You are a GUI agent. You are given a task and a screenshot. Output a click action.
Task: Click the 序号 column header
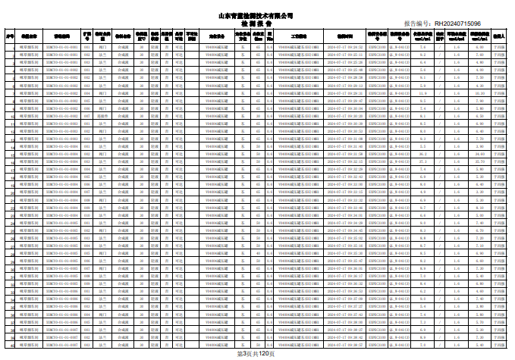pos(10,36)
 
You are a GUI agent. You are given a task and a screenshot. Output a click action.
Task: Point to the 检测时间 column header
pos(346,36)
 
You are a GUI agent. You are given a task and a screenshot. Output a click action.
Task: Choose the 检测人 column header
pos(499,36)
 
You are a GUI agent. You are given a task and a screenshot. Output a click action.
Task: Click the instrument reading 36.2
pos(422,154)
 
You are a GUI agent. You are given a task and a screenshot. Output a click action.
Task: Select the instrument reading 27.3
pos(422,161)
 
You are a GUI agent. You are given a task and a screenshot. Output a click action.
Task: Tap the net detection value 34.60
pos(479,154)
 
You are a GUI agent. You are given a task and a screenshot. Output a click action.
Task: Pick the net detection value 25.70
pos(479,161)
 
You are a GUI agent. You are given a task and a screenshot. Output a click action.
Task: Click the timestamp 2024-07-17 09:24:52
pos(346,47)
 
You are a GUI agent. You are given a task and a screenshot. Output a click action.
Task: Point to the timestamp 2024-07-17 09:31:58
pos(346,154)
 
